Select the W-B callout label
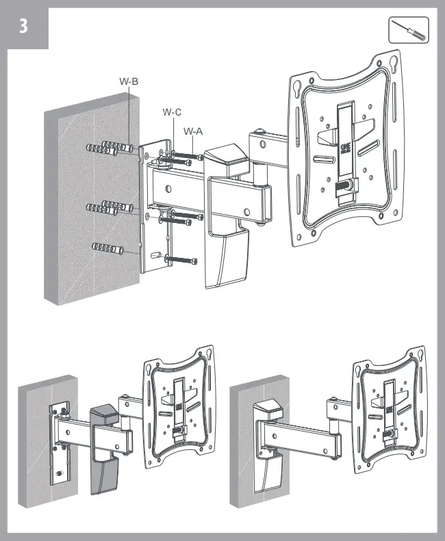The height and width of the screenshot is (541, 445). point(129,81)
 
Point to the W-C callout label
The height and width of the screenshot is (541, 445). point(172,111)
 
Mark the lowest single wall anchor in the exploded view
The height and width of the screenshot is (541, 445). point(107,247)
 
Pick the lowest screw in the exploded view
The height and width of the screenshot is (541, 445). point(182,259)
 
